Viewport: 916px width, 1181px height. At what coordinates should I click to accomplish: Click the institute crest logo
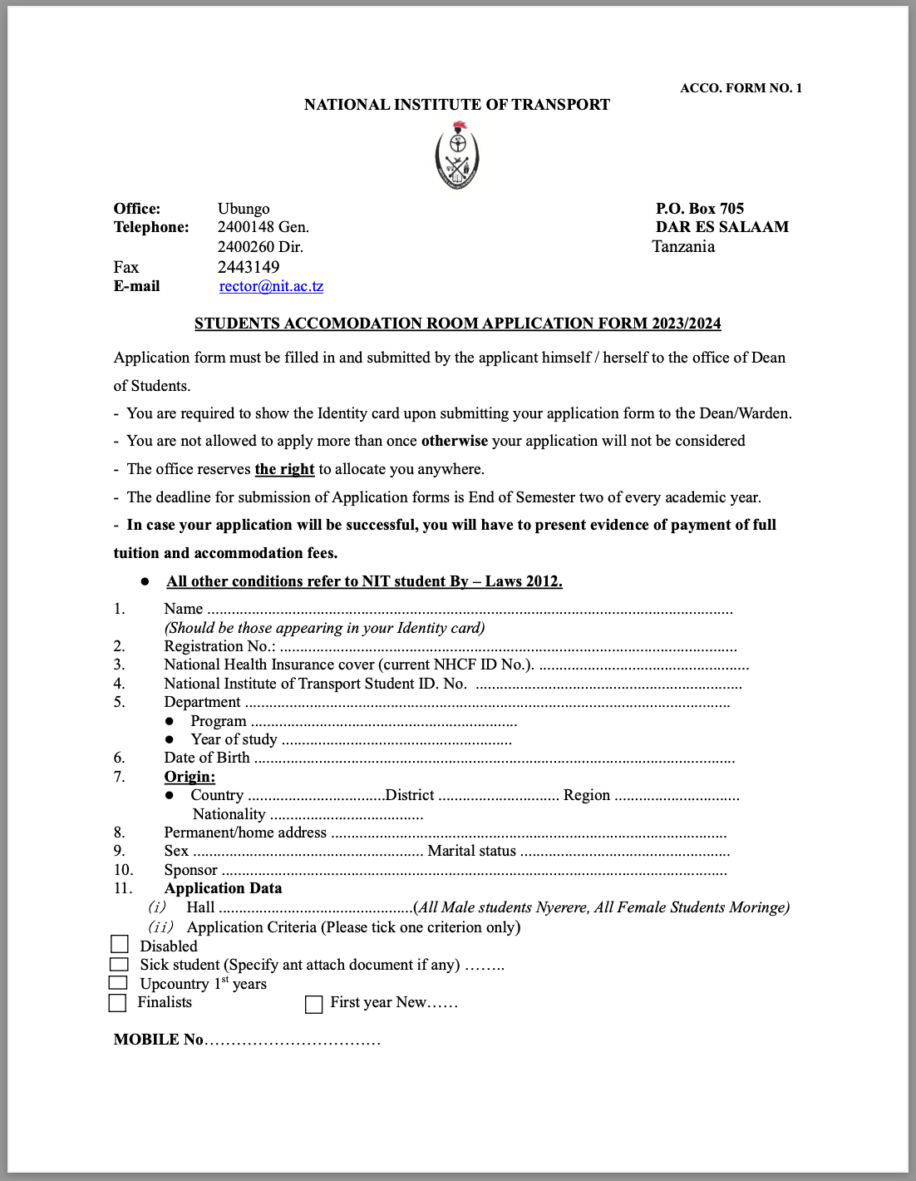pyautogui.click(x=457, y=156)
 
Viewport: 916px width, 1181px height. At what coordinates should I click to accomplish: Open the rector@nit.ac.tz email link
pyautogui.click(x=271, y=286)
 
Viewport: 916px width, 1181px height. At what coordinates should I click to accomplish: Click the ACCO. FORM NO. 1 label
pyautogui.click(x=741, y=88)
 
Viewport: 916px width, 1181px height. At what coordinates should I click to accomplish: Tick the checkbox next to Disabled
pyautogui.click(x=120, y=944)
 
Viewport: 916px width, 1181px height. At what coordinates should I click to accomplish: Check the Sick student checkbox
pyautogui.click(x=120, y=964)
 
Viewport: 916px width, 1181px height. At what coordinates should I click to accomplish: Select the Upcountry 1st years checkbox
pyautogui.click(x=119, y=982)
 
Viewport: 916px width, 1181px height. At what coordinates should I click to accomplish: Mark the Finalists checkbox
pyautogui.click(x=118, y=1003)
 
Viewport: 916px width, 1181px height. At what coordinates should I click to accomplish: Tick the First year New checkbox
pyautogui.click(x=313, y=1005)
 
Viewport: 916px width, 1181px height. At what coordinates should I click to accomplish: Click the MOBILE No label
pyautogui.click(x=159, y=1040)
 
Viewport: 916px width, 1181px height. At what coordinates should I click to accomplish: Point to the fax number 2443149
pyautogui.click(x=249, y=267)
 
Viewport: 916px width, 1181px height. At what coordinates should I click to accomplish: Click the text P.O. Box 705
pyautogui.click(x=700, y=209)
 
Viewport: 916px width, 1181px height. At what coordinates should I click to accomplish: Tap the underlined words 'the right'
pyautogui.click(x=284, y=469)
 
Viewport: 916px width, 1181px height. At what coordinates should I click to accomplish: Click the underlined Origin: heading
pyautogui.click(x=190, y=777)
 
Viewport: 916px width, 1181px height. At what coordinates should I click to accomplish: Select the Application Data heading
pyautogui.click(x=223, y=888)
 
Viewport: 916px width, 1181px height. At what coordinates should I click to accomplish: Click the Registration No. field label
pyautogui.click(x=219, y=646)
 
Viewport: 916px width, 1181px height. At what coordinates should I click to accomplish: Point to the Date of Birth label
pyautogui.click(x=207, y=758)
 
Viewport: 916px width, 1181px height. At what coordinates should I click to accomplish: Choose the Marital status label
pyautogui.click(x=471, y=851)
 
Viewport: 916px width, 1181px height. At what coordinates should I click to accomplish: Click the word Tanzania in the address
pyautogui.click(x=683, y=247)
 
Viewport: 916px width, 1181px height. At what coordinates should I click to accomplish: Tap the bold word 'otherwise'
pyautogui.click(x=455, y=441)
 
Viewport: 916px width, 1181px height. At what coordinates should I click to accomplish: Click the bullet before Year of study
pyautogui.click(x=170, y=739)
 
